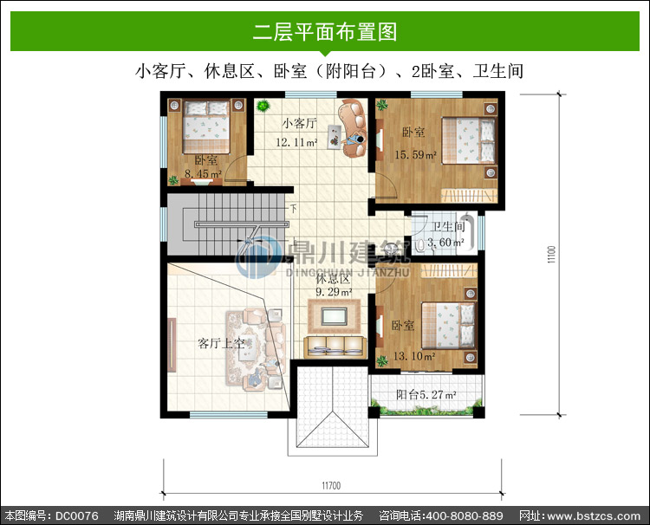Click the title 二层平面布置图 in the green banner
coord(325,32)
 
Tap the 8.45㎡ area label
coord(203,174)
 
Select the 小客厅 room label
coord(300,124)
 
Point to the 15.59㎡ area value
coord(415,155)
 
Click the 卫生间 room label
coord(448,227)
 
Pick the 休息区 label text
coord(333,278)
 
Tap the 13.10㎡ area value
coord(414,356)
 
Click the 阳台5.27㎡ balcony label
coord(426,394)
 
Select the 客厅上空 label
coord(221,343)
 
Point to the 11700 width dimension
coord(331,486)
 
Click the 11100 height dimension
coord(551,255)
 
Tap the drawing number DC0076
coord(77,515)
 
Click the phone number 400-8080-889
coord(465,515)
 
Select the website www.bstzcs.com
coord(594,516)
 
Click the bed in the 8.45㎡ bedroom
coord(206,126)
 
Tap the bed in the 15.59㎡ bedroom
coord(469,140)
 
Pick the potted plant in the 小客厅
coord(262,106)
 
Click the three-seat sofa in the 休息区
coord(335,347)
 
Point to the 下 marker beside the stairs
coord(294,208)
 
